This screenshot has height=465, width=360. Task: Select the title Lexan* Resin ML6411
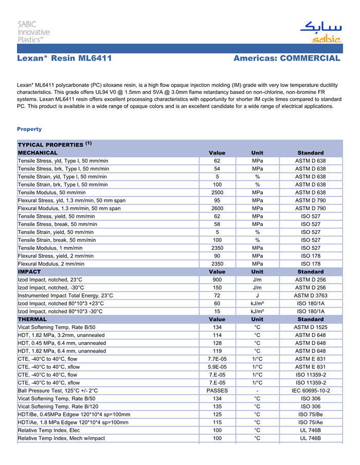64,59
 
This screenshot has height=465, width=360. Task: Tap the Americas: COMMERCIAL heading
286,59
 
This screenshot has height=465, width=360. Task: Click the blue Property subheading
29,129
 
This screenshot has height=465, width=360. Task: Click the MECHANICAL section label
38,153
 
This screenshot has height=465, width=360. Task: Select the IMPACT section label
29,271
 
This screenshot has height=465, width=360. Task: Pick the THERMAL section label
32,319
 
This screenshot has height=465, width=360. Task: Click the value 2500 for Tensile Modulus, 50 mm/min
217,192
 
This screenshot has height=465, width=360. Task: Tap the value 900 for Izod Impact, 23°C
217,280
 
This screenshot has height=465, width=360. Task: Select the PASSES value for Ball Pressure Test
217,390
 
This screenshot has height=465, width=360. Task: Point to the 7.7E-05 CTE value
217,359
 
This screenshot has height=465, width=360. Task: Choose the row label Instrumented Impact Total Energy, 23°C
65,295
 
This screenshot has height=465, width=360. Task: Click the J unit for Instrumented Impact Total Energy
257,295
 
